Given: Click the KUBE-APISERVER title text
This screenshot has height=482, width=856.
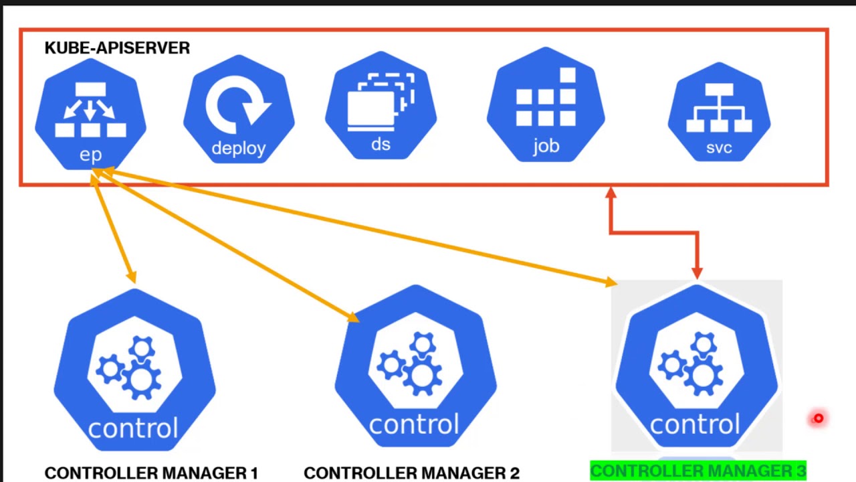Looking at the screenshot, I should (117, 48).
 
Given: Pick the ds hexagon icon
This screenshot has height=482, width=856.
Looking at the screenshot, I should (381, 107).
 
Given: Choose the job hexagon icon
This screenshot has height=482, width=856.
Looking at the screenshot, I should (546, 107).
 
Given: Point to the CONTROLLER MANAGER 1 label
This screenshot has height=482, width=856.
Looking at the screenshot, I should (151, 473).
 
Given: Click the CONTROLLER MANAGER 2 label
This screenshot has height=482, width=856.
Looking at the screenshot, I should (411, 473).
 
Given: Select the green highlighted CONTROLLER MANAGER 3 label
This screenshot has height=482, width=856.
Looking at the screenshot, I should (698, 471).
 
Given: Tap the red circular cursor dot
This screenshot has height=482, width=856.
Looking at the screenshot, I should (818, 419).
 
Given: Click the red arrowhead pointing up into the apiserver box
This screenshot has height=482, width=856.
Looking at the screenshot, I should (611, 193).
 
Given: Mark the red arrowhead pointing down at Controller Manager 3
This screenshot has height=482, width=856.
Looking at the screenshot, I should (697, 272).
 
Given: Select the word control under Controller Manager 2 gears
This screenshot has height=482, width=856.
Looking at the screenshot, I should (414, 424).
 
